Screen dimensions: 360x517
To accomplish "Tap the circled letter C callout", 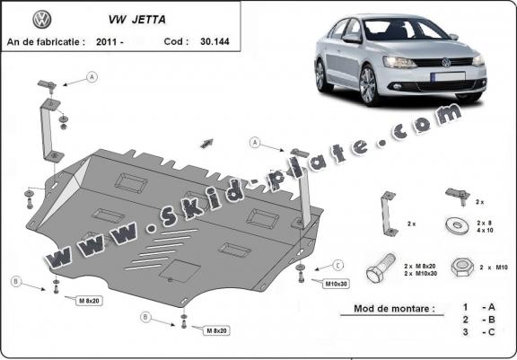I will (x=338, y=264).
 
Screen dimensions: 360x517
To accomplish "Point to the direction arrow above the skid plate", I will (x=209, y=142).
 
